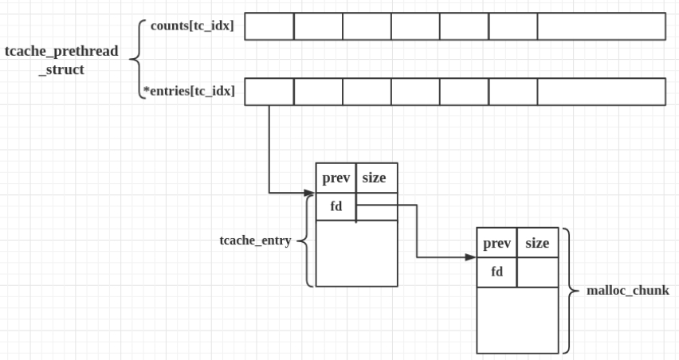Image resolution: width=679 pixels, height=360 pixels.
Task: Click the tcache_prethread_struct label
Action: (61, 60)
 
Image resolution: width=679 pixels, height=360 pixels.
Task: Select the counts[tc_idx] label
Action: (192, 26)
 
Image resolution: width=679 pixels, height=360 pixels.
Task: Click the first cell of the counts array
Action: (269, 26)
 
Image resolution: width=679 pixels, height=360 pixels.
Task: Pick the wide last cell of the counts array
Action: (601, 26)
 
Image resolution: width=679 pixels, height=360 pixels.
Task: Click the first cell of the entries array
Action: (269, 92)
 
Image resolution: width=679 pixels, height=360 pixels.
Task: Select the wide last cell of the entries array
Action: (601, 92)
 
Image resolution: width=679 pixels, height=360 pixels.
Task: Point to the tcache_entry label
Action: (255, 240)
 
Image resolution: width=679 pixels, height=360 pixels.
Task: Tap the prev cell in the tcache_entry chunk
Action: (336, 178)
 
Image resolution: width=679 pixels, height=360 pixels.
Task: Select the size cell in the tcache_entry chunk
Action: (376, 178)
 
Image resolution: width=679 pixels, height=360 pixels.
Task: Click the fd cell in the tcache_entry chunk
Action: (336, 206)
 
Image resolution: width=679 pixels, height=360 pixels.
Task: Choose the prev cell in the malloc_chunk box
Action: (496, 244)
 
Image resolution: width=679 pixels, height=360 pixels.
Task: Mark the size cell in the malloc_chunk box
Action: (538, 244)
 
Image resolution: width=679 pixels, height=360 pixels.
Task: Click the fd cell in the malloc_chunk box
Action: (496, 272)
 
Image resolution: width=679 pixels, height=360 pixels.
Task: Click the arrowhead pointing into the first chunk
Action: (311, 193)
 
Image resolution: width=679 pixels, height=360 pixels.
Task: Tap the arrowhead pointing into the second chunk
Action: (471, 258)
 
